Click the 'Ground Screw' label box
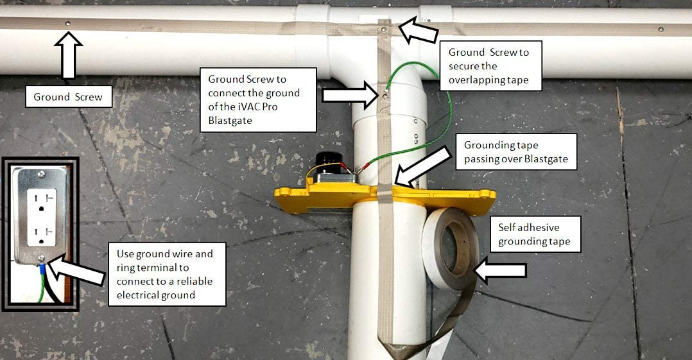69,97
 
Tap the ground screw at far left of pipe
67,23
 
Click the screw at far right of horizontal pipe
661,29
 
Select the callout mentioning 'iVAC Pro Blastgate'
258,99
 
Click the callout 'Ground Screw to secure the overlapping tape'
490,65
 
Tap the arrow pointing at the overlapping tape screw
418,30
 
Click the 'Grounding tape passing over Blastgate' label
516,151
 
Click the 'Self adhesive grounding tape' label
535,234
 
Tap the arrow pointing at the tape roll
499,270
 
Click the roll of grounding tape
449,249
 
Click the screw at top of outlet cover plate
41,175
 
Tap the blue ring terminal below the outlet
42,268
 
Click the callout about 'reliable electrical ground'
165,274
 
